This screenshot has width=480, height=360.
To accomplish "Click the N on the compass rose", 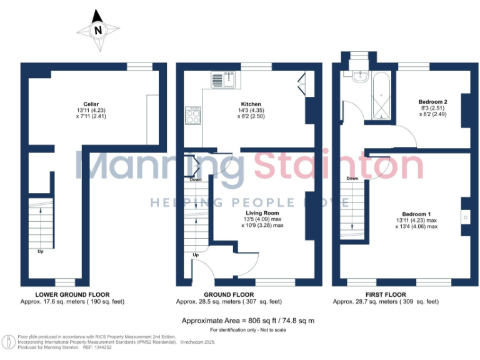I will tap(97, 29).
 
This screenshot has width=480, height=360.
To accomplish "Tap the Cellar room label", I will tap(91, 104).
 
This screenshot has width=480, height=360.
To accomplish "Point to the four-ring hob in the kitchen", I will tap(194, 114).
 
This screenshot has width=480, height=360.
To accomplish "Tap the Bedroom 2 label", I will tap(432, 101).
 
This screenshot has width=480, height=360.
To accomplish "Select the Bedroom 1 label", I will tap(416, 214).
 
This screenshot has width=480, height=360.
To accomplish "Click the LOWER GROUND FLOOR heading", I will tap(72, 294).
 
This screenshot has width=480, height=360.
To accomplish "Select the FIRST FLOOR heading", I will tap(386, 294).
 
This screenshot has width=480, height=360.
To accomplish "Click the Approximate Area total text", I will tap(247, 320).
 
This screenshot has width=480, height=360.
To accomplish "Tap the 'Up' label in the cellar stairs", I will tap(41, 252).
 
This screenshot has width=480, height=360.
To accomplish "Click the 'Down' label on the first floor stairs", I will tap(352, 178).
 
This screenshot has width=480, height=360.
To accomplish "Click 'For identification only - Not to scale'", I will tap(247, 329).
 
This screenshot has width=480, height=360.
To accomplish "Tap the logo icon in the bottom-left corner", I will tap(9, 343).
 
